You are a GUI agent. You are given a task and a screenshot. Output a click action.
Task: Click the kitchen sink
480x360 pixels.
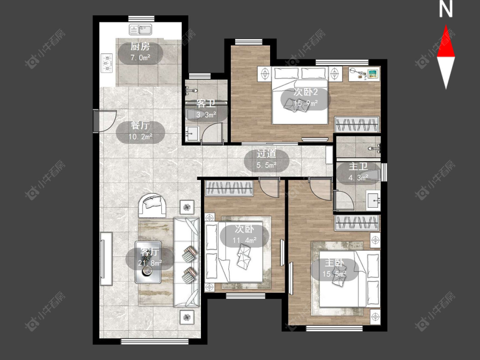(x=140, y=30)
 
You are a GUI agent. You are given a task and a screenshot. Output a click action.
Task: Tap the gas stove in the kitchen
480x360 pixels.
(x=107, y=64)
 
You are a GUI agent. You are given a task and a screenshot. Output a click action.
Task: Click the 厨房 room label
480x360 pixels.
(x=140, y=46)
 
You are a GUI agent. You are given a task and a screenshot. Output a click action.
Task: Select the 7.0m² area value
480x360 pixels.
(x=140, y=58)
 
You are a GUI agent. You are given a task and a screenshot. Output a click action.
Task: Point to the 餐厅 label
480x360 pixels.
(x=140, y=125)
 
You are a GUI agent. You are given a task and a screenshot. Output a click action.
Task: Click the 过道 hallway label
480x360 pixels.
(x=266, y=154)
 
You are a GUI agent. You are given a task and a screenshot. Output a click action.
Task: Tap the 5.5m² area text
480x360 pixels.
(x=266, y=165)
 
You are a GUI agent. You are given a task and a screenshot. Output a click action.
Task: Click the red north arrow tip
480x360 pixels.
(x=446, y=26)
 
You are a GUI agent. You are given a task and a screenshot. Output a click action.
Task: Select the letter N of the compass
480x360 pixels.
(x=446, y=9)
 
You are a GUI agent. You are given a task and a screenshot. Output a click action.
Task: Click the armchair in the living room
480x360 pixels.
(x=152, y=205)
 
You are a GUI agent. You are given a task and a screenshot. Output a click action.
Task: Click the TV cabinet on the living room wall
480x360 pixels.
(x=106, y=258)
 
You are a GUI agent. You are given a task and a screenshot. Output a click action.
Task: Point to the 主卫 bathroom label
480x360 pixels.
(x=358, y=166)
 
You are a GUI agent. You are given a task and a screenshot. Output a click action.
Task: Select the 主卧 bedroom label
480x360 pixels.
(x=334, y=263)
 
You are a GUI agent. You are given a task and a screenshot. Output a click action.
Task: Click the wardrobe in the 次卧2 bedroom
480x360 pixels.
(x=357, y=125)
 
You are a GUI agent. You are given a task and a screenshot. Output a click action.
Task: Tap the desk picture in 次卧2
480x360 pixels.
(x=372, y=73)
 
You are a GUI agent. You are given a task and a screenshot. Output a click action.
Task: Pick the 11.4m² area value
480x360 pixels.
(x=244, y=240)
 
